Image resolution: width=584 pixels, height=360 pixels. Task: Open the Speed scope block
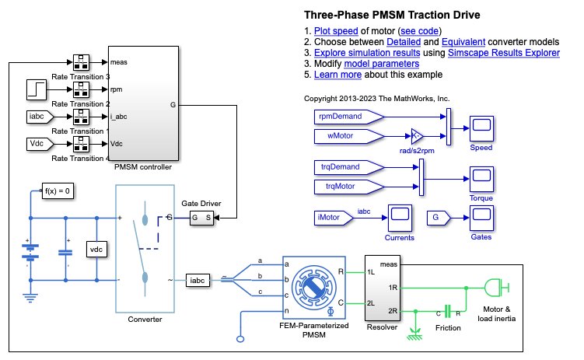pyautogui.click(x=481, y=128)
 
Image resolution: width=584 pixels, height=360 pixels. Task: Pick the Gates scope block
pyautogui.click(x=481, y=218)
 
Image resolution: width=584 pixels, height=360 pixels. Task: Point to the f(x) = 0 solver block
pyautogui.click(x=58, y=190)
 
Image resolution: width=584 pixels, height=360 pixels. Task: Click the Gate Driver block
pyautogui.click(x=201, y=218)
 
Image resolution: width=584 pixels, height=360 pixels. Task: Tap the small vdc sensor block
pyautogui.click(x=96, y=249)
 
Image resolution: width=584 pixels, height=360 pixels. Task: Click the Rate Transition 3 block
pyautogui.click(x=82, y=62)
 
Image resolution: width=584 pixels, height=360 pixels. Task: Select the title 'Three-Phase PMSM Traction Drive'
pyautogui.click(x=391, y=15)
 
